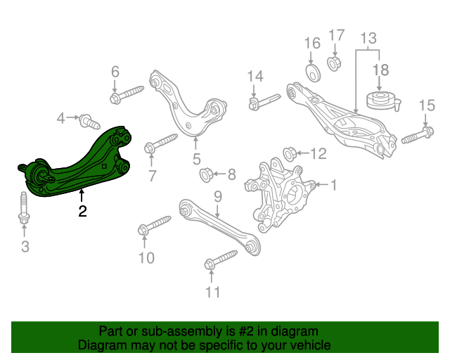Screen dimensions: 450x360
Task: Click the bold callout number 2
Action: coord(82,211)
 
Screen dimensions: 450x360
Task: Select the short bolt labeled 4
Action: coord(89,122)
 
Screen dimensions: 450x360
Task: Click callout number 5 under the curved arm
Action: coord(197,159)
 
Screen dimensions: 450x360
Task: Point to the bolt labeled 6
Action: coord(127,94)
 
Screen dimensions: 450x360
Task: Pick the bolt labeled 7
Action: coord(161,143)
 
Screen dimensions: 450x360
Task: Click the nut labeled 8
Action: coord(206,174)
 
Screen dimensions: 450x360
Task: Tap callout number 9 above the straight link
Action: coord(218,197)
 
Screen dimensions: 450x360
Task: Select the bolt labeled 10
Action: coord(155,225)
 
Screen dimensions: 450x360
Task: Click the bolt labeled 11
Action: coord(221,260)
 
